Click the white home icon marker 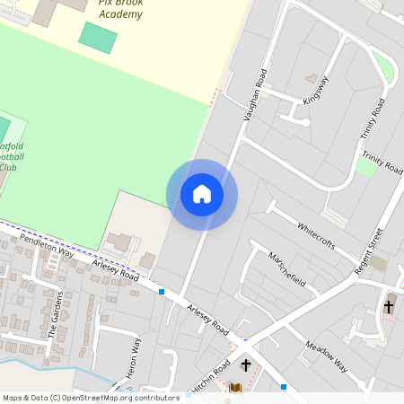pyautogui.click(x=202, y=194)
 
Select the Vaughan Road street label pyautogui.click(x=256, y=94)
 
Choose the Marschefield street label pyautogui.click(x=287, y=268)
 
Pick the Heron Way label pyautogui.click(x=132, y=359)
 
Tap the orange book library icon pyautogui.click(x=236, y=388)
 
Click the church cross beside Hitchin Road pyautogui.click(x=246, y=365)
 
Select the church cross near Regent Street pyautogui.click(x=389, y=306)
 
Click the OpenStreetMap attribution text pyautogui.click(x=90, y=397)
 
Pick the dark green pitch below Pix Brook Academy pyautogui.click(x=98, y=37)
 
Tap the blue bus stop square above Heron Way pyautogui.click(x=162, y=292)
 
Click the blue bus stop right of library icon pyautogui.click(x=284, y=387)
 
